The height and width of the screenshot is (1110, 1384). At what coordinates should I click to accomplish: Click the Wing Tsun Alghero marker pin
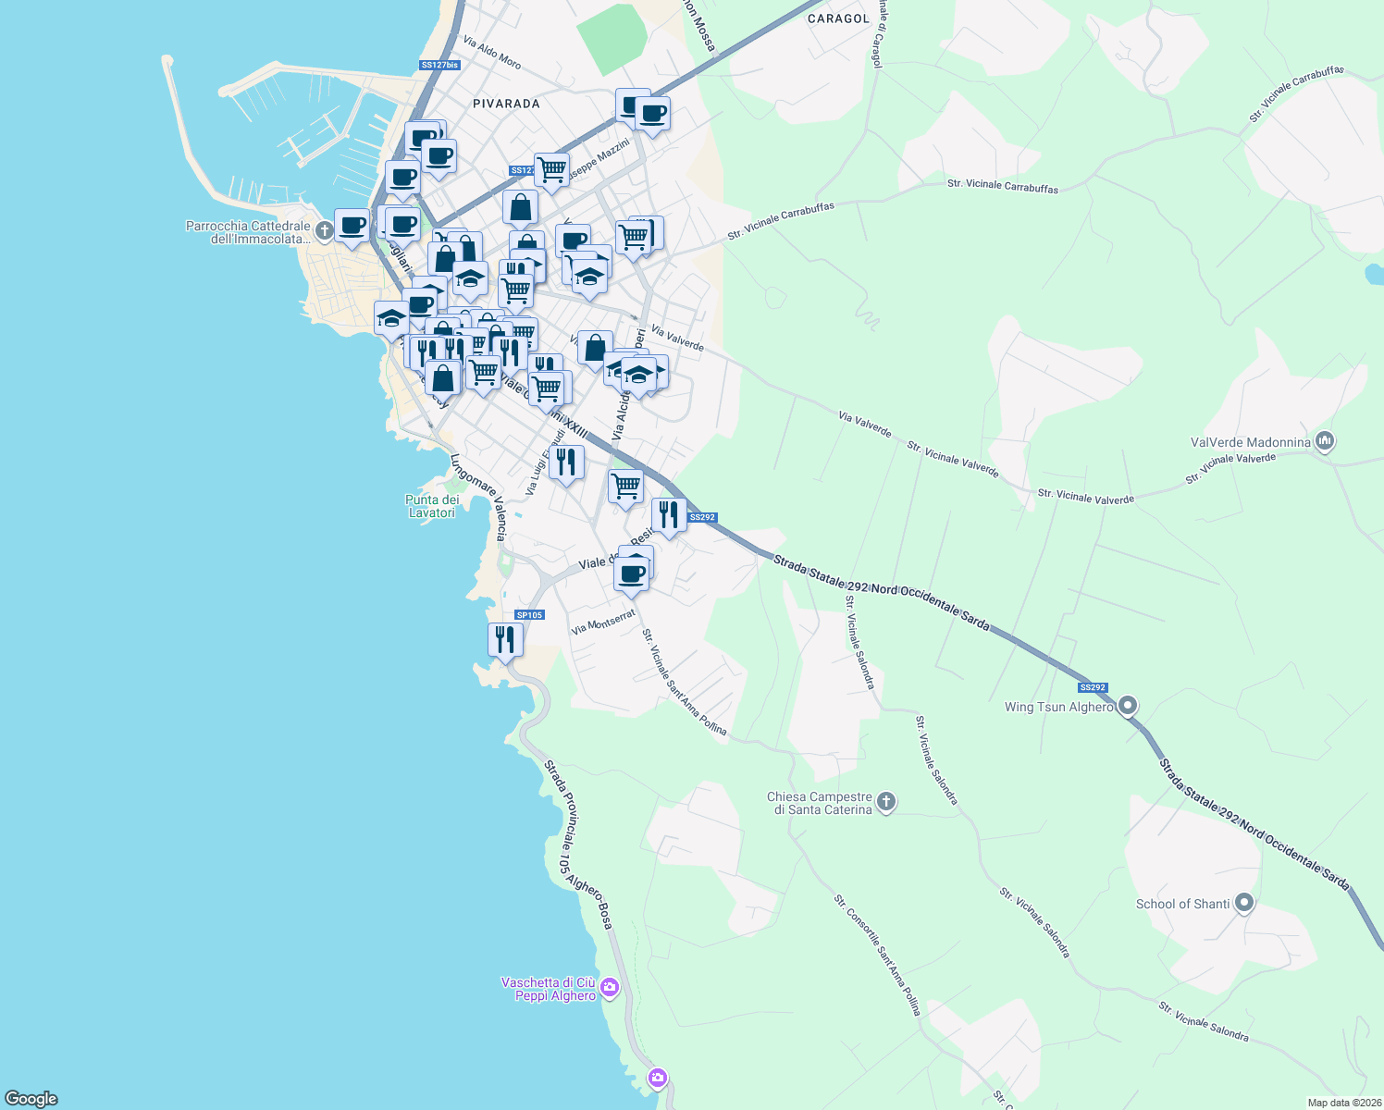[1127, 707]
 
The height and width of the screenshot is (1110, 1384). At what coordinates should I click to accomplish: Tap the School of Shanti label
[1182, 904]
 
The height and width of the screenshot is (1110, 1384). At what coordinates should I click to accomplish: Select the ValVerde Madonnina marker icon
[1325, 441]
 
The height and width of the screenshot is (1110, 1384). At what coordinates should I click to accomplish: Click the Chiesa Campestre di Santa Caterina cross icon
[885, 802]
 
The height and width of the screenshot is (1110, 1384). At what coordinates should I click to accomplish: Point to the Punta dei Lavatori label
[432, 506]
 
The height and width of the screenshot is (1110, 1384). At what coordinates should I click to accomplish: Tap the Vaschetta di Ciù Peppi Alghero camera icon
[609, 988]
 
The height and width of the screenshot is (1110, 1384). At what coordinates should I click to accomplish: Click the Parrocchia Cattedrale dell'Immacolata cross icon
[324, 230]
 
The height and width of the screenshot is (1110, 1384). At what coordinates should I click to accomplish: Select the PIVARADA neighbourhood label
[506, 104]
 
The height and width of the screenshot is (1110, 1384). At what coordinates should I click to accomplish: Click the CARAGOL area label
[838, 18]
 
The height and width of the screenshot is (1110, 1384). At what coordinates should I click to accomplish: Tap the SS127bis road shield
[439, 65]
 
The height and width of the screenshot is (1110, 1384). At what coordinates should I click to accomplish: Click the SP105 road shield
[529, 615]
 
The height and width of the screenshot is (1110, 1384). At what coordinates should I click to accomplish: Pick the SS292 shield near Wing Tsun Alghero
[1093, 687]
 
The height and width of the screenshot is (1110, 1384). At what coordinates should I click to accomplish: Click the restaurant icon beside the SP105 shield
[505, 639]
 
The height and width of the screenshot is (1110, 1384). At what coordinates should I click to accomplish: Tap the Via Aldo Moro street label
[492, 53]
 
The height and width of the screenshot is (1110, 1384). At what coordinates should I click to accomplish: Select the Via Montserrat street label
[603, 622]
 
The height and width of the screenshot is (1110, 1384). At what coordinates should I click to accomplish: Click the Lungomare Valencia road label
[479, 496]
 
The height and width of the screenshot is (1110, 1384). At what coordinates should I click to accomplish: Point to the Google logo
[31, 1099]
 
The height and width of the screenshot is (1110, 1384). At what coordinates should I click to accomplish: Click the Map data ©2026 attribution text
[1343, 1103]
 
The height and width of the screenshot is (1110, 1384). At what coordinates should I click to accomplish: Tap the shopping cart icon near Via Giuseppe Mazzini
[551, 170]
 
